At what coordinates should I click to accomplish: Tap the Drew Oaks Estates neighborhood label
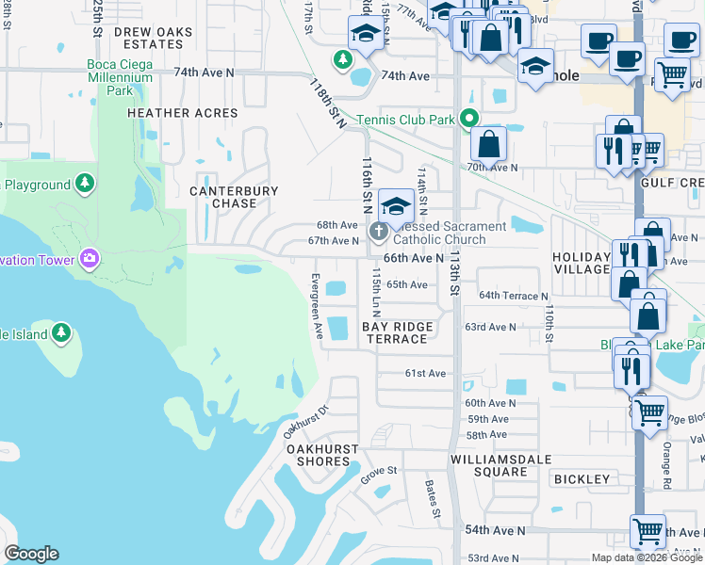153,38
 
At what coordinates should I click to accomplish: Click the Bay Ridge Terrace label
398,332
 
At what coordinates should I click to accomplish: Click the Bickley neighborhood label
582,479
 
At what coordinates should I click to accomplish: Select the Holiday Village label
582,263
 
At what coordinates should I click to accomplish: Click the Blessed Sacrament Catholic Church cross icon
379,232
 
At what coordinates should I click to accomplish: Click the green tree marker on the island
61,332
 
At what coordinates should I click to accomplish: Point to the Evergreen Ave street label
317,307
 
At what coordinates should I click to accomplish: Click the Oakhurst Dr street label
308,422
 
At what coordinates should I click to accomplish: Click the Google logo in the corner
31,554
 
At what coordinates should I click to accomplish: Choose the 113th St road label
453,274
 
